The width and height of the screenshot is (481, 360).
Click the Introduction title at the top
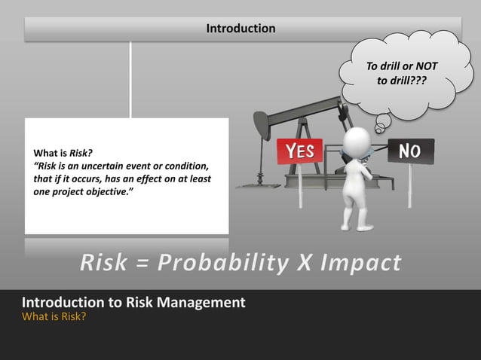coord(240,29)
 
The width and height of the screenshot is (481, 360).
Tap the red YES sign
coord(299,151)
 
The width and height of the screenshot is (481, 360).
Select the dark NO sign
coord(410,151)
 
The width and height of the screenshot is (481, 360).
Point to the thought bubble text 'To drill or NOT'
coord(401,67)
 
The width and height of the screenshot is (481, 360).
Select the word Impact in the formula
coord(360,263)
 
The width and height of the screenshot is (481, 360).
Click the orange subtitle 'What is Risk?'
coord(54,316)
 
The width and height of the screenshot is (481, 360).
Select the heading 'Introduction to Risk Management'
coord(133,302)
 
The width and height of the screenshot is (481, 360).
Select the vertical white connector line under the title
coord(130,79)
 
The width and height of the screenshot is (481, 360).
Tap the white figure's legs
coord(356,211)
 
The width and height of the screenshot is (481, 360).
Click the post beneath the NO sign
coord(409,185)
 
